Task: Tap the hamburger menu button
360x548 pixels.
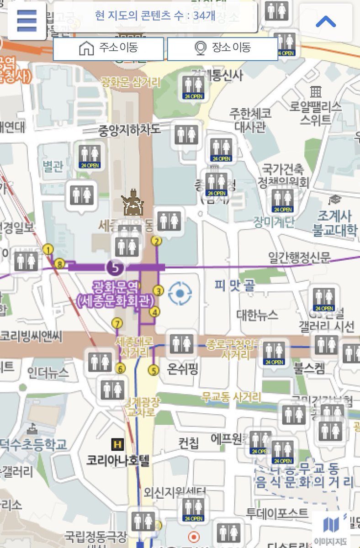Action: [x=26, y=20]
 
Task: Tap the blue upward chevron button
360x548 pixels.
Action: [x=326, y=21]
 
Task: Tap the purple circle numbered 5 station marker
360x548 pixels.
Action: [x=115, y=267]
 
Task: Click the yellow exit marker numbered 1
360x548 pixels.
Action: [x=48, y=249]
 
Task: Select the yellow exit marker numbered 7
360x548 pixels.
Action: [x=117, y=323]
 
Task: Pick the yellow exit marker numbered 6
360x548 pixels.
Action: [x=121, y=368]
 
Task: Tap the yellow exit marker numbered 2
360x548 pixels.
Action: [x=157, y=241]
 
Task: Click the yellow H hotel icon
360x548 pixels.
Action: [x=117, y=443]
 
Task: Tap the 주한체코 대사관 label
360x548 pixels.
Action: [x=250, y=119]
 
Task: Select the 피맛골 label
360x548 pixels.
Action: [x=235, y=286]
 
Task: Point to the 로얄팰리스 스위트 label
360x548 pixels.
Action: [x=315, y=113]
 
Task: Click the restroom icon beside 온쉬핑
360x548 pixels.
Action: [x=181, y=344]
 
